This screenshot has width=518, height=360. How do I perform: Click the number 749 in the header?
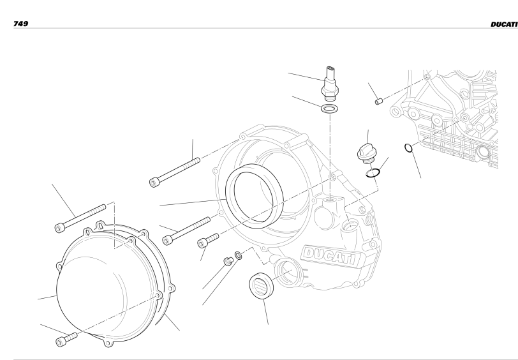(20, 24)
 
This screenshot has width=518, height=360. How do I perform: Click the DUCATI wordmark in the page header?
(504, 24)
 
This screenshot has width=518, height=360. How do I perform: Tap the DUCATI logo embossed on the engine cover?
(330, 255)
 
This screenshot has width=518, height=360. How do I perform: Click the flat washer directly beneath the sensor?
(329, 108)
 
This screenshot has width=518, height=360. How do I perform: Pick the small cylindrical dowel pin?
(379, 101)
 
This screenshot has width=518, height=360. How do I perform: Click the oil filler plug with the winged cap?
(366, 154)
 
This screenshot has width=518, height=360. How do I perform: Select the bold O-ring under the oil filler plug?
(373, 172)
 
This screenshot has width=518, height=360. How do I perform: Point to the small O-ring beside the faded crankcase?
(409, 148)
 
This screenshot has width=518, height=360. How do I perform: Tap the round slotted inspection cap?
(262, 285)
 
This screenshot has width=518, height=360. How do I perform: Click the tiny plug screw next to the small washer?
(228, 261)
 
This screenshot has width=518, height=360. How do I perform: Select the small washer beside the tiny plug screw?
(238, 255)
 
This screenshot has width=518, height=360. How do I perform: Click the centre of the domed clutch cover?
(109, 284)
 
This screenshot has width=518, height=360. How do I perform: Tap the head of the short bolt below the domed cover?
(61, 342)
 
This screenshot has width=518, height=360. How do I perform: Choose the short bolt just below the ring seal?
(208, 241)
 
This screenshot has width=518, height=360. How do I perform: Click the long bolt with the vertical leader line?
(175, 172)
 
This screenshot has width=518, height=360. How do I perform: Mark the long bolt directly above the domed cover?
(80, 218)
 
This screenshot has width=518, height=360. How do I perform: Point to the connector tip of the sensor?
(330, 70)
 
